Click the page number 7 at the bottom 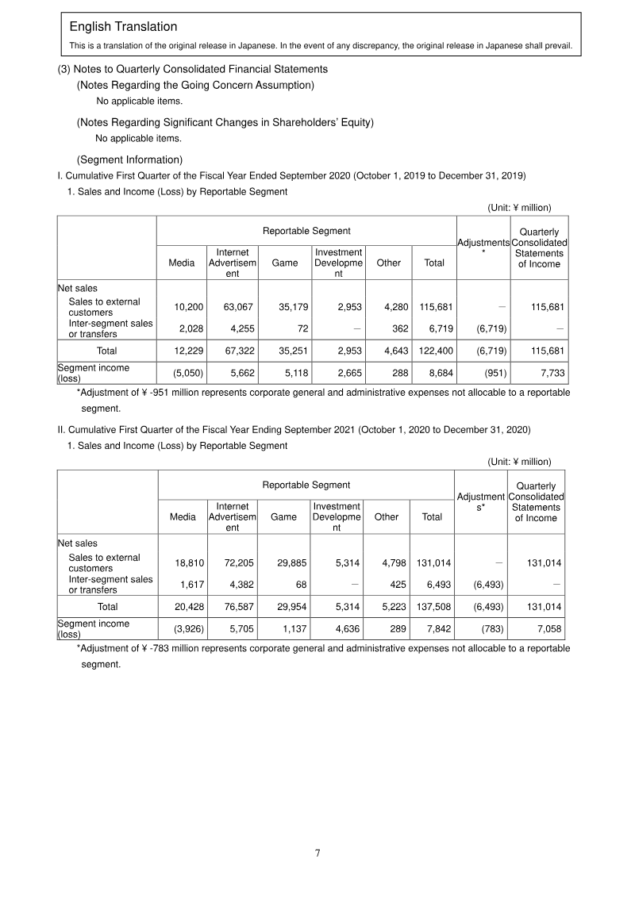click(x=317, y=853)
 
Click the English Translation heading click(x=123, y=27)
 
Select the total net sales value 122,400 click(x=435, y=350)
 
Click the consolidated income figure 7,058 click(x=548, y=629)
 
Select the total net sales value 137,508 click(x=433, y=606)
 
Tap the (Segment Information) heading click(x=129, y=159)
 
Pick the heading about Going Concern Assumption click(x=195, y=85)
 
